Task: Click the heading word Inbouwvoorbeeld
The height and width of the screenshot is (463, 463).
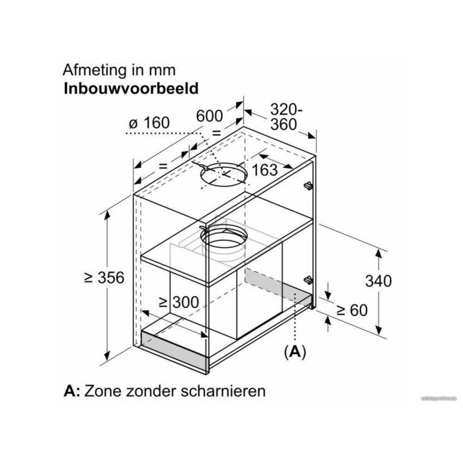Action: click(131, 88)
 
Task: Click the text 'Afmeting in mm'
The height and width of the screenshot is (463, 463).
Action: click(119, 70)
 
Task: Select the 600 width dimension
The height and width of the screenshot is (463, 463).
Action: click(209, 115)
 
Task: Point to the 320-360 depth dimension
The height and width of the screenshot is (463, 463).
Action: click(286, 117)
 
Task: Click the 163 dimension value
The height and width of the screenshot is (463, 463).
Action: click(265, 170)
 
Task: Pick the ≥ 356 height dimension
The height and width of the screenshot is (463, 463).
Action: click(105, 278)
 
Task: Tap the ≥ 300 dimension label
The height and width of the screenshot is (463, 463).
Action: click(178, 302)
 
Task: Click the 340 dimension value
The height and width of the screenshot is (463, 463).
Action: click(378, 281)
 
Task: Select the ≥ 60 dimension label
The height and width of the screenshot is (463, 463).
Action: click(352, 310)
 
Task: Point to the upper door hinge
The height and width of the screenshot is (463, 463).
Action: click(307, 185)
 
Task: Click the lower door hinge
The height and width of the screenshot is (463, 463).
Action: click(307, 280)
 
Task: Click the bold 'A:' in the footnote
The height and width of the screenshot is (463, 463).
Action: click(72, 390)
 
